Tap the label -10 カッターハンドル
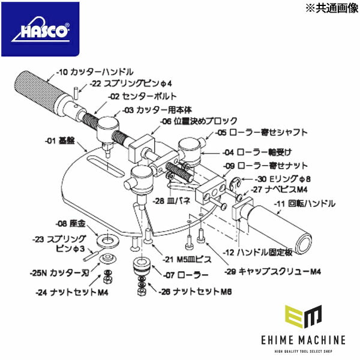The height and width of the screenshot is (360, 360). [x=95, y=72]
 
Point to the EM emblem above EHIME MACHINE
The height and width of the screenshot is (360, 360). [x=304, y=316]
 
